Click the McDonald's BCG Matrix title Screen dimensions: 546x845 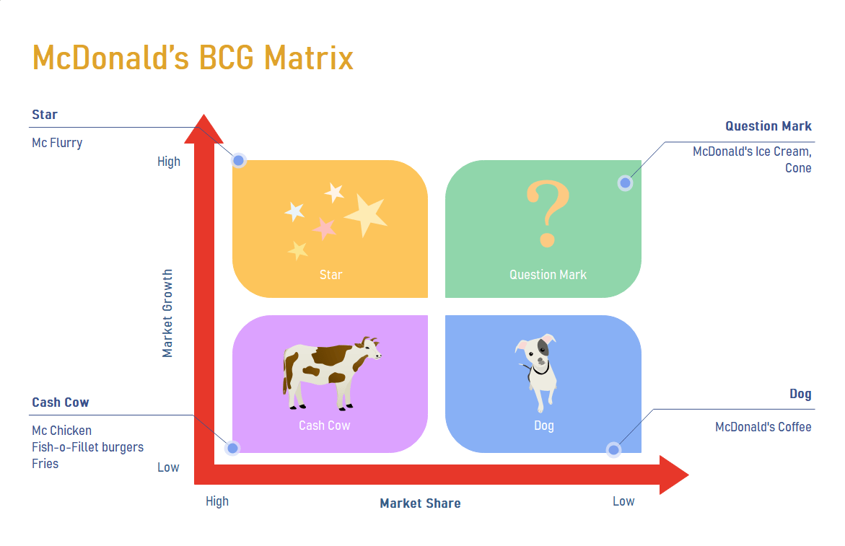point(193,58)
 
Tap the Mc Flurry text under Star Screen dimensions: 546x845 point(57,143)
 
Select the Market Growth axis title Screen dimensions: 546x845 point(167,314)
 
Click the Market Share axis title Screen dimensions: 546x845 point(420,503)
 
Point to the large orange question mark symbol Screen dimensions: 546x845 point(548,214)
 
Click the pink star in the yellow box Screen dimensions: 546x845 point(325,229)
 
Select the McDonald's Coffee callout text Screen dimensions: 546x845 point(763,427)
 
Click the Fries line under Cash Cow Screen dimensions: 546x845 point(45,464)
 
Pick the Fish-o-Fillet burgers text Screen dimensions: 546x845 point(87,447)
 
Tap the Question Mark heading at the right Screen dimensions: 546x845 point(768,126)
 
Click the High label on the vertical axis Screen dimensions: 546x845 point(169,162)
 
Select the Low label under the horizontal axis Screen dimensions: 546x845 point(623,501)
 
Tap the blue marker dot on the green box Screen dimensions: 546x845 point(625,183)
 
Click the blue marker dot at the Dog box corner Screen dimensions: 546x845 point(613,450)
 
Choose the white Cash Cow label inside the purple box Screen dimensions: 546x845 point(324,426)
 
